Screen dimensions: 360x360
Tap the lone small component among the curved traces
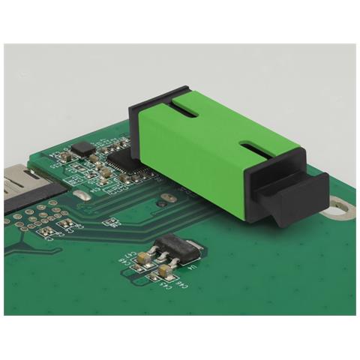[x=109, y=221]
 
